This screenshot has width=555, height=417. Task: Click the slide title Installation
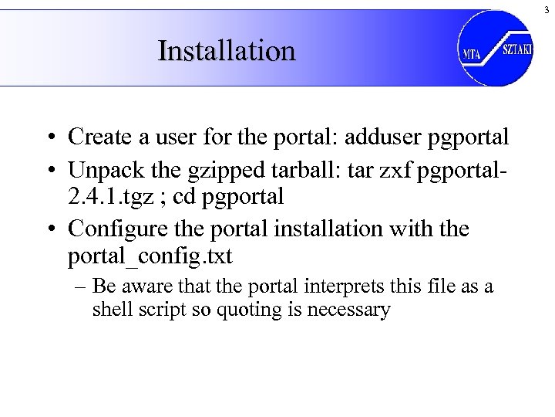(x=226, y=51)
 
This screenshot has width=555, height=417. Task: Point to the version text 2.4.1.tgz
(x=110, y=196)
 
